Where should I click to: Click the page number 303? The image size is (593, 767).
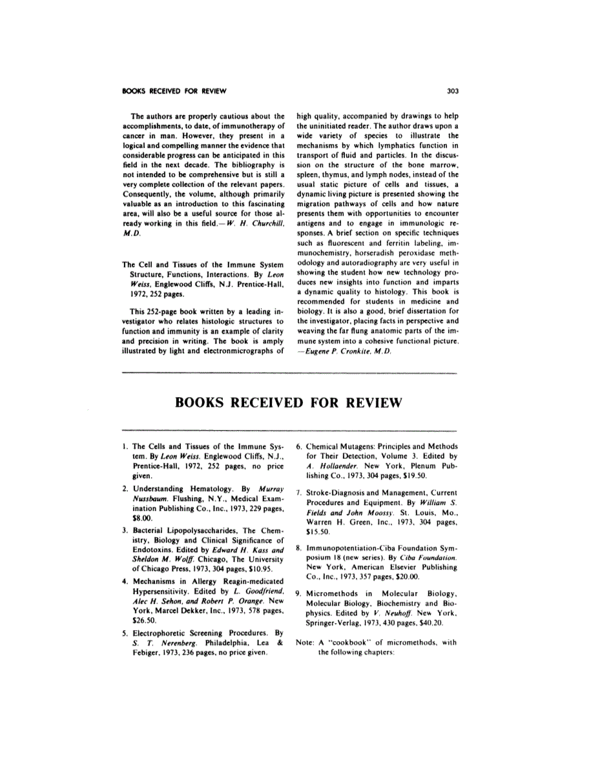(452, 90)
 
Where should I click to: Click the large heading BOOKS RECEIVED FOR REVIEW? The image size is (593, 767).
(288, 404)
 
